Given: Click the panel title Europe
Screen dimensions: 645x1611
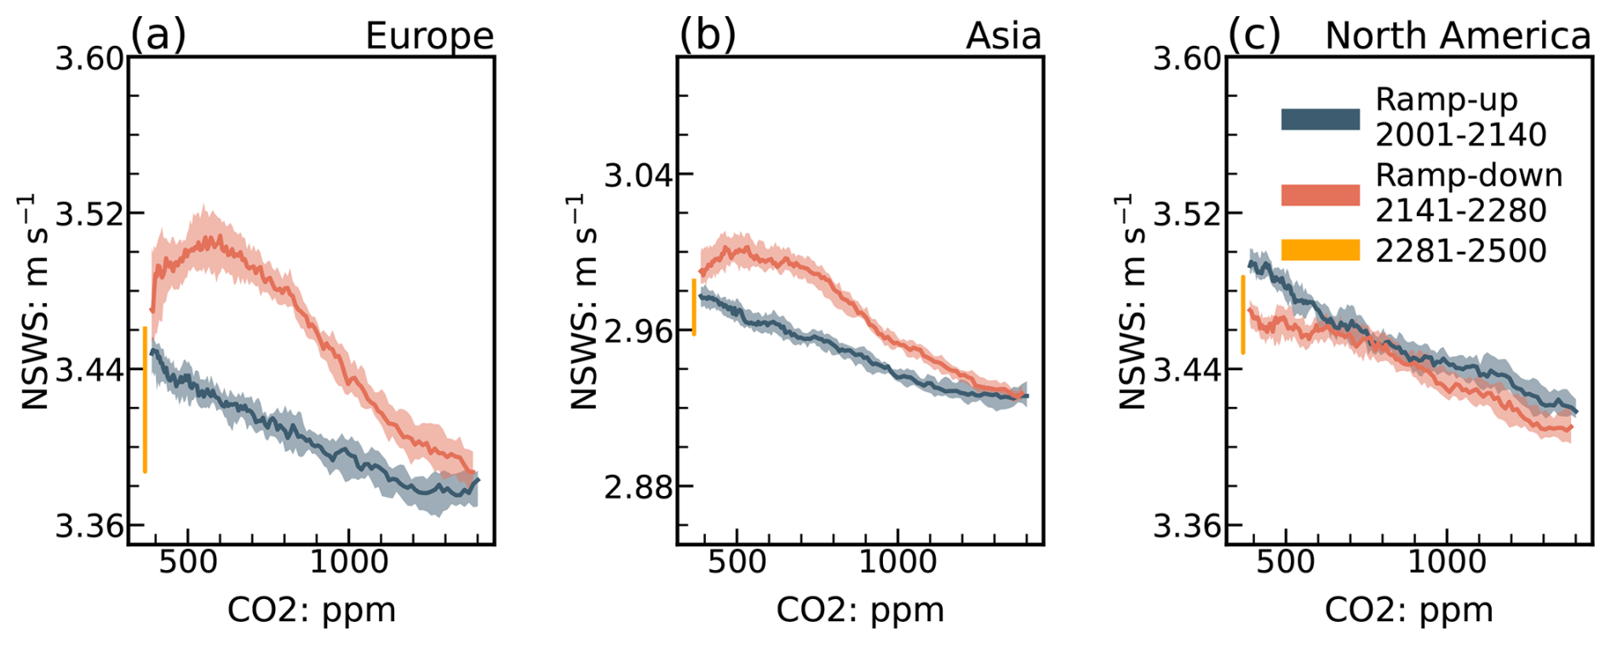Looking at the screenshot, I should click(429, 36).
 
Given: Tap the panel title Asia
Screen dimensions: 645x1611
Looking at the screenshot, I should click(1003, 36).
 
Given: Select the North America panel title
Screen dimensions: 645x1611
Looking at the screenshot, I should click(1457, 36).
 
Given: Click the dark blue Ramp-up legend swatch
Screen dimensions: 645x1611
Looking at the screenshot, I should click(1320, 118).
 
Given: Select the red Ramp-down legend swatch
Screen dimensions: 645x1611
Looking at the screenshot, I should click(1320, 194).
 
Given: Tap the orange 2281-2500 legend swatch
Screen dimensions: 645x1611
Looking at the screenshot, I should click(1320, 249).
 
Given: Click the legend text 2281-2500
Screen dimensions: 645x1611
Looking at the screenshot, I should click(1460, 250).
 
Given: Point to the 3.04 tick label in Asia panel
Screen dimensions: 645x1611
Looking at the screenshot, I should click(637, 175).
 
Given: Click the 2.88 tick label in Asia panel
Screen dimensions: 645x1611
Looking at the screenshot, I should click(637, 488).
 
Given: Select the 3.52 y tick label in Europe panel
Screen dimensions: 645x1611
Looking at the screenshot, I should click(89, 214).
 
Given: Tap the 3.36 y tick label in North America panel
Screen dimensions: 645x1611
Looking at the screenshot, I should click(1186, 527).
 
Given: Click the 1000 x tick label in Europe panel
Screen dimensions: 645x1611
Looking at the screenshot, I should click(349, 562).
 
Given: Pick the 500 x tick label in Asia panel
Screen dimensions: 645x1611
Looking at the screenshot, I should click(737, 562).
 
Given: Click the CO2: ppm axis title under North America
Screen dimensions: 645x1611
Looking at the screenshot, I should click(1408, 610).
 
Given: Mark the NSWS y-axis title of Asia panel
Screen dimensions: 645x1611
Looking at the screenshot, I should click(583, 301).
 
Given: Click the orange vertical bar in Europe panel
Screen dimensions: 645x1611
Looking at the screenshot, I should click(146, 399).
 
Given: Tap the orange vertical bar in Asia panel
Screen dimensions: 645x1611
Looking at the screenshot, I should click(695, 306).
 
